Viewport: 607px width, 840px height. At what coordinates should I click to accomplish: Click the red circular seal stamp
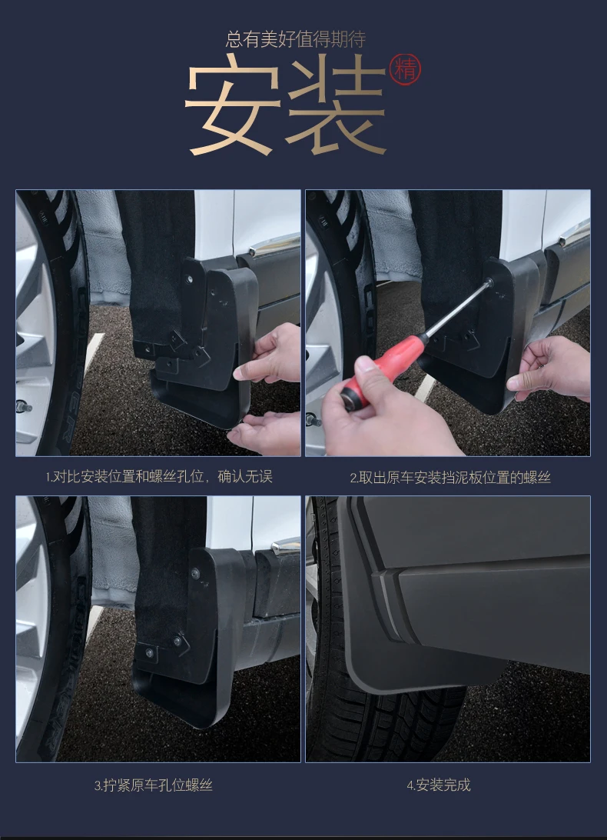pyautogui.click(x=405, y=69)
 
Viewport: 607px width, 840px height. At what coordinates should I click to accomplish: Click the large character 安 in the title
pyautogui.click(x=233, y=104)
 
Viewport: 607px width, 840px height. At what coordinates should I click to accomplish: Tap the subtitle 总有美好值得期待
pyautogui.click(x=296, y=39)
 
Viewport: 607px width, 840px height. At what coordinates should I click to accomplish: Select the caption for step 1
pyautogui.click(x=158, y=476)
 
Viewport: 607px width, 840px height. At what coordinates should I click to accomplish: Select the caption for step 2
pyautogui.click(x=450, y=478)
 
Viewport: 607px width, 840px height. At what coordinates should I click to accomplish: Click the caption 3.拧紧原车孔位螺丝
pyautogui.click(x=154, y=785)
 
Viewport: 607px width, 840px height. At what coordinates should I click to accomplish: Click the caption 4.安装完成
pyautogui.click(x=439, y=785)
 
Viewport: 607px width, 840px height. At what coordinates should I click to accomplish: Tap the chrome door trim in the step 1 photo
pyautogui.click(x=274, y=245)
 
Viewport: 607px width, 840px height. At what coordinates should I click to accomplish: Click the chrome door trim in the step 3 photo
pyautogui.click(x=286, y=546)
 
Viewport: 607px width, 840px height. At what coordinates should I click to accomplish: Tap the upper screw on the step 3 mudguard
pyautogui.click(x=195, y=574)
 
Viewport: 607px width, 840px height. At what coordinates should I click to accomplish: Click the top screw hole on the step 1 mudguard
pyautogui.click(x=189, y=279)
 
